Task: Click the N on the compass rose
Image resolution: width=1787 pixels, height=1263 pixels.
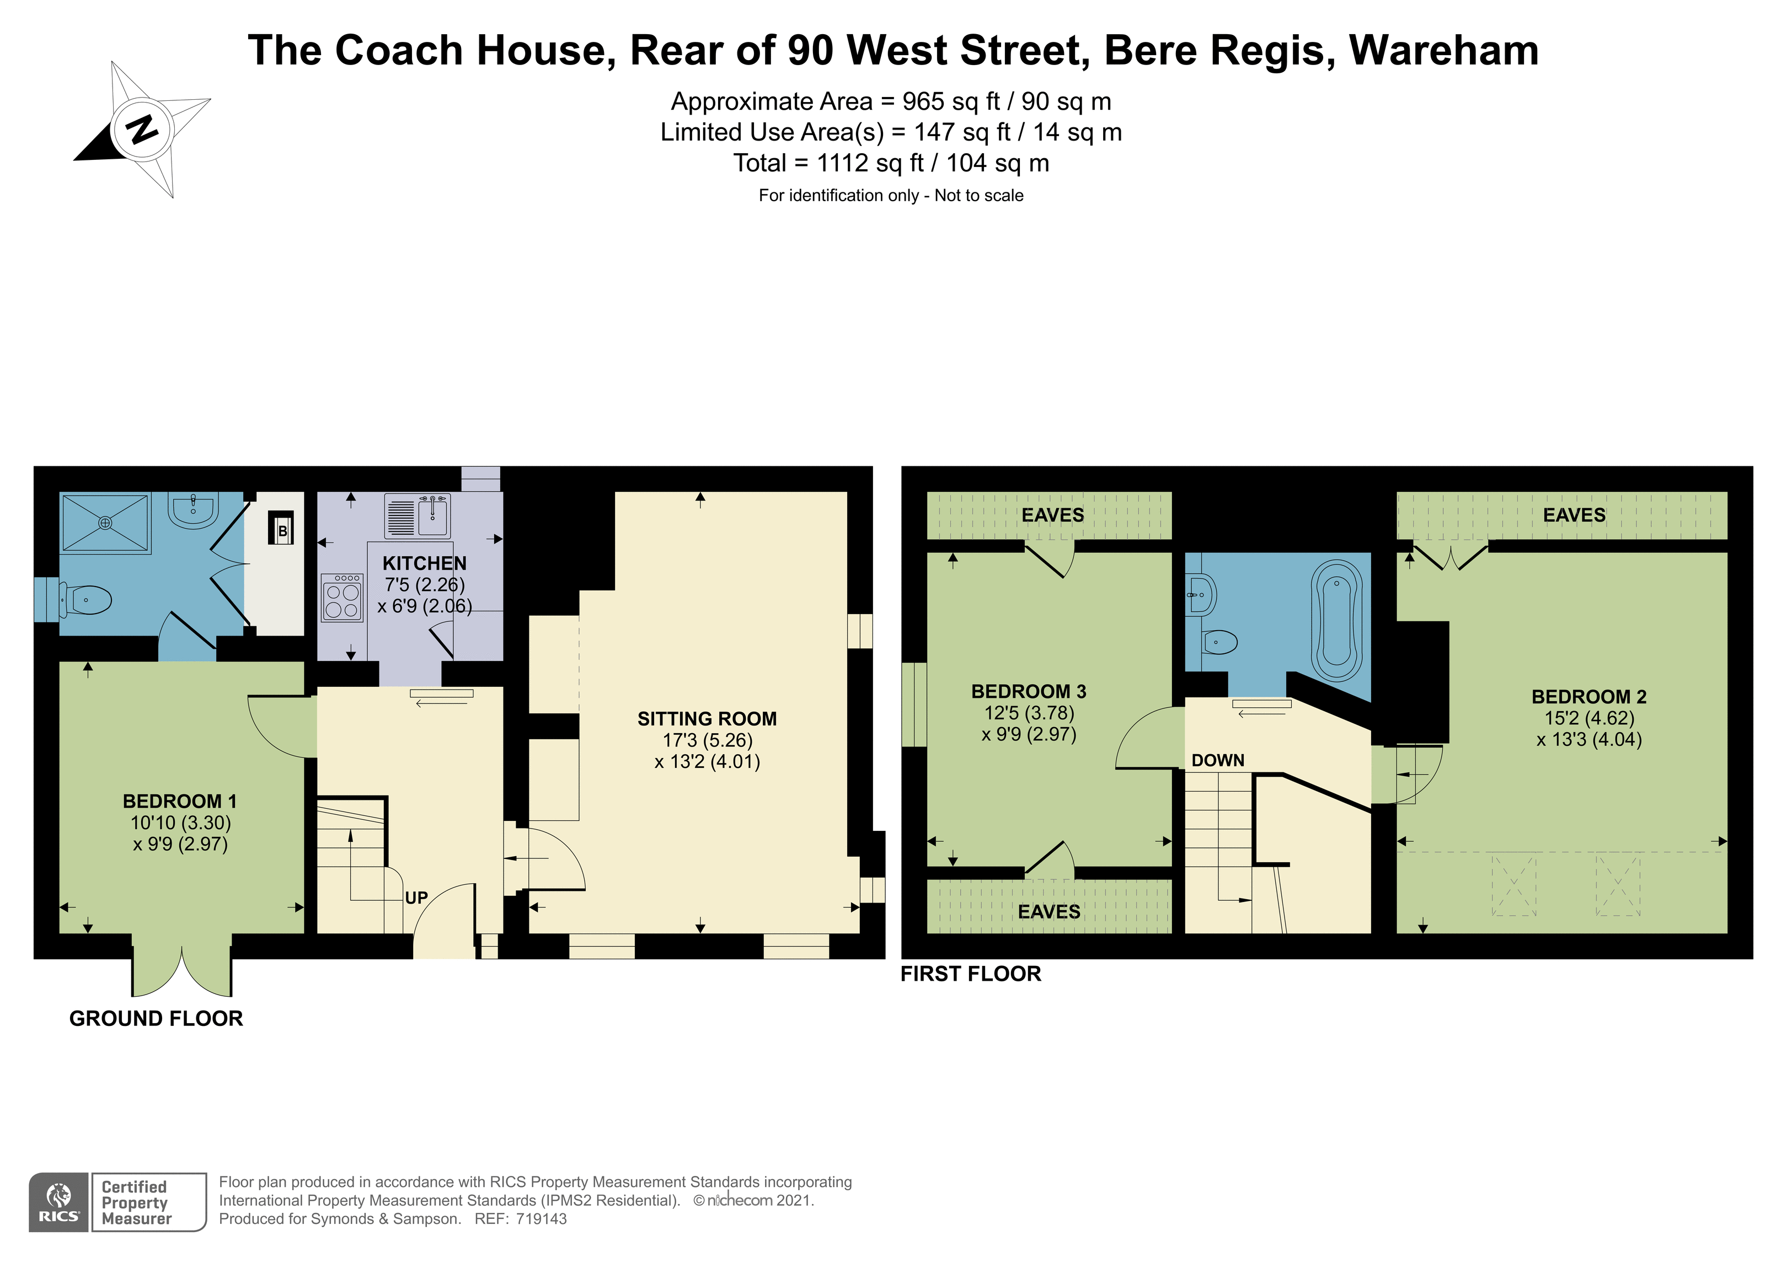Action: pos(142,128)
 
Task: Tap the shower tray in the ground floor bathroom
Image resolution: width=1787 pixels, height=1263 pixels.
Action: pos(105,523)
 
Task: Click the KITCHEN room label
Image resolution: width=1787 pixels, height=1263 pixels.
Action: pos(424,563)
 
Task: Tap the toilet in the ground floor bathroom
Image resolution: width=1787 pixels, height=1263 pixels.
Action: pos(87,600)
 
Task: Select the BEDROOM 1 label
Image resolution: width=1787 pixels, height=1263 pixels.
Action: pos(180,801)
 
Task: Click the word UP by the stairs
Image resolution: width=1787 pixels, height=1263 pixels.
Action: pos(416,897)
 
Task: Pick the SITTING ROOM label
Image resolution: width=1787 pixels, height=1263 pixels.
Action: pos(707,718)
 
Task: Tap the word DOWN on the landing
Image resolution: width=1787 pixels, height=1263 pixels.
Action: pos(1218,760)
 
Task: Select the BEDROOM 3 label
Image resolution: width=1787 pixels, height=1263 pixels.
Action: pos(1028,691)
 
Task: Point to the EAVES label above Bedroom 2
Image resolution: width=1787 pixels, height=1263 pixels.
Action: pos(1574,515)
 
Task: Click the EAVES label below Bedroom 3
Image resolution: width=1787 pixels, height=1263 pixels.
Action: pos(1048,911)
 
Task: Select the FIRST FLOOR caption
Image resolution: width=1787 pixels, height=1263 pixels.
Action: pos(971,974)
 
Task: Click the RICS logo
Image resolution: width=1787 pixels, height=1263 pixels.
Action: pos(59,1202)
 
